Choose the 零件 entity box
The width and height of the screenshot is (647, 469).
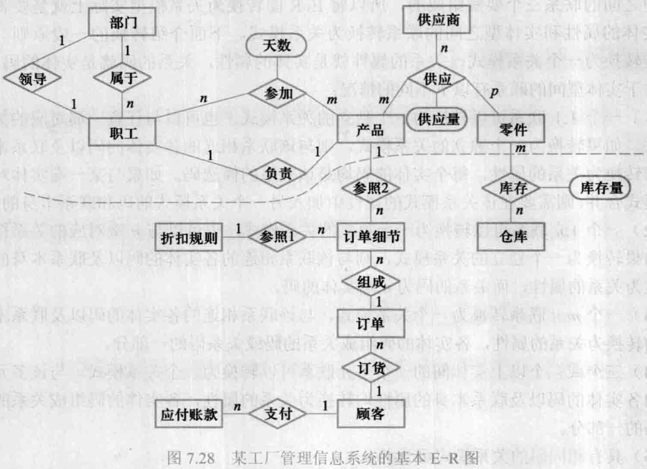tap(506, 131)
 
